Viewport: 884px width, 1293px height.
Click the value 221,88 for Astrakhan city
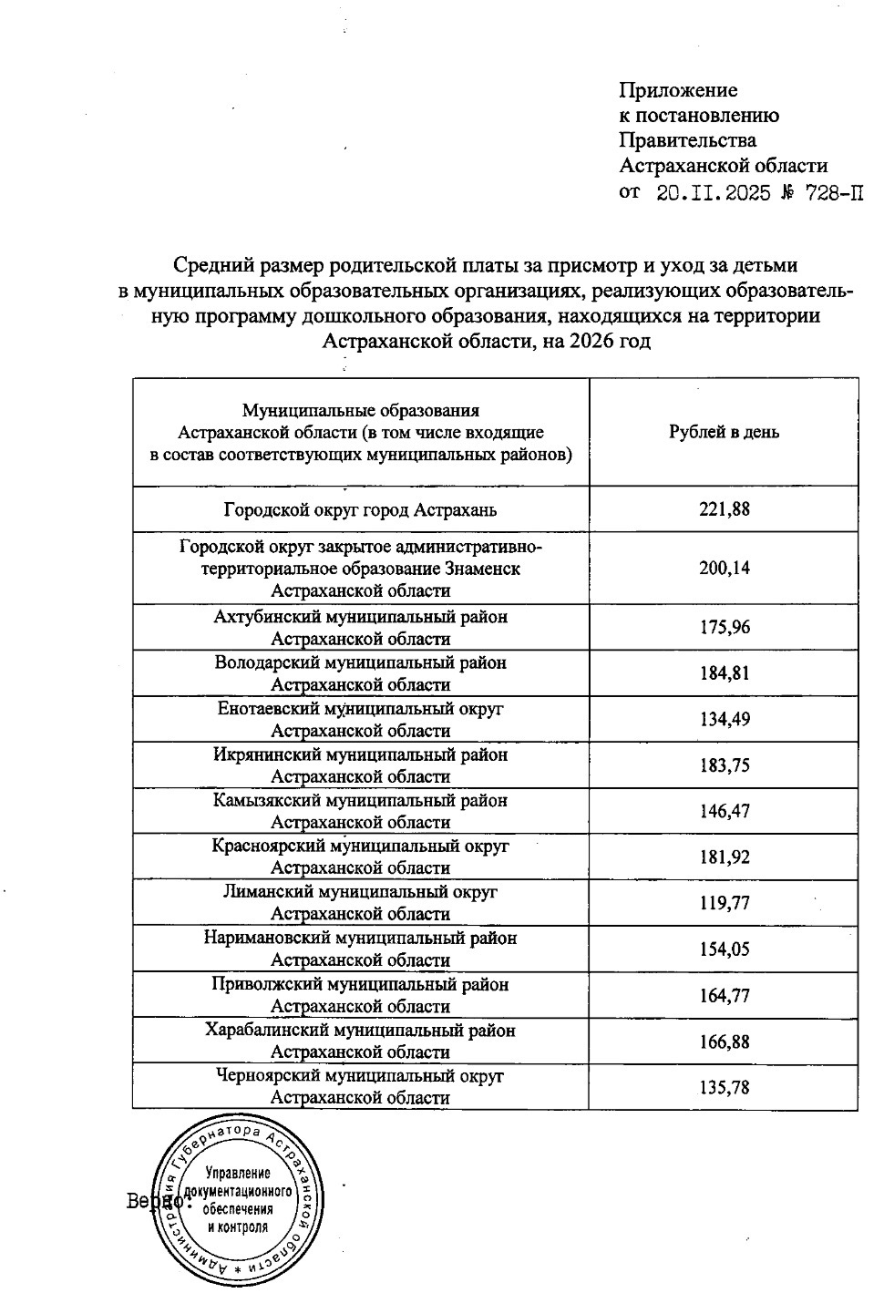pos(725,509)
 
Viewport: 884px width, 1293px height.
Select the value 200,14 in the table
pos(725,569)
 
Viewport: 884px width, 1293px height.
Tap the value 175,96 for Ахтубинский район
pos(725,628)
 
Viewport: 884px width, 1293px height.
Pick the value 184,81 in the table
pos(725,673)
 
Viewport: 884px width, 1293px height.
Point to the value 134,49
pos(725,719)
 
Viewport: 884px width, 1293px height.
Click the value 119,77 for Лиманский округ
pos(725,903)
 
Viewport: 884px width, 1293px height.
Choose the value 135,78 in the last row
pos(725,1087)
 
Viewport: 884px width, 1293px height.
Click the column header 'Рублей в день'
pos(725,432)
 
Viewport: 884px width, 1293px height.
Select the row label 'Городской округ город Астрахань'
pos(361,509)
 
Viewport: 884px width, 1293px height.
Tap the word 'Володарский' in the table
pos(265,662)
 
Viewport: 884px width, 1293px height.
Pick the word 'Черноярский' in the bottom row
pos(264,1076)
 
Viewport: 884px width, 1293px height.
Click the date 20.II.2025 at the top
pos(713,192)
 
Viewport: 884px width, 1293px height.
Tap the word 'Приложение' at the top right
pos(678,90)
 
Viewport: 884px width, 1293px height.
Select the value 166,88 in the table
pos(725,1041)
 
